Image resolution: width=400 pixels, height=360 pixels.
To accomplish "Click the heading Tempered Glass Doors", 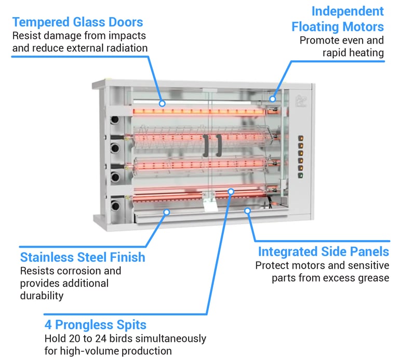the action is click(77, 22).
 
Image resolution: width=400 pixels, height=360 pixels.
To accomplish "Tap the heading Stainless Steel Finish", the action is click(83, 257).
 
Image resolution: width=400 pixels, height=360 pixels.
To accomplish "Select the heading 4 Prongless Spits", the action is click(96, 325).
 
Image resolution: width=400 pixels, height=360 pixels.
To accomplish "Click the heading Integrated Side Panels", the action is click(324, 252).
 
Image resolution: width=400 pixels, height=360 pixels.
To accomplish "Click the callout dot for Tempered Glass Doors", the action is click(162, 103).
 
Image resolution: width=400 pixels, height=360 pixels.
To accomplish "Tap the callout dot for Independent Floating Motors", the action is click(273, 99).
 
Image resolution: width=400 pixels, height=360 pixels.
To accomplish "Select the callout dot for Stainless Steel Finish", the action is click(167, 212).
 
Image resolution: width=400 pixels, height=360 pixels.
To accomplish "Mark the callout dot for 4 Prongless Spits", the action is click(231, 191).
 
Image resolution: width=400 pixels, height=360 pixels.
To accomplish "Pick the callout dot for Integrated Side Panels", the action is click(247, 211).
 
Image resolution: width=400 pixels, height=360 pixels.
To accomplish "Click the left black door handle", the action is click(206, 145).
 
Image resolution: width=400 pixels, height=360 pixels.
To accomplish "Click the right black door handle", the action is click(219, 145).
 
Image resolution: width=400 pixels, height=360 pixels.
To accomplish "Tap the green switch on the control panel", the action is click(301, 176).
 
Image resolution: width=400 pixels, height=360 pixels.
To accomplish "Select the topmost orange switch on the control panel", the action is click(301, 138).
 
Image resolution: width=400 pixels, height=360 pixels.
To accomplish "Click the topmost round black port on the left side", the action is click(115, 119).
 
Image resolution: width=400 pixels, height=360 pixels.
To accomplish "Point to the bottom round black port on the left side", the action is click(115, 205).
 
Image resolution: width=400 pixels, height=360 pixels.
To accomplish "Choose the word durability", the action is click(42, 296).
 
